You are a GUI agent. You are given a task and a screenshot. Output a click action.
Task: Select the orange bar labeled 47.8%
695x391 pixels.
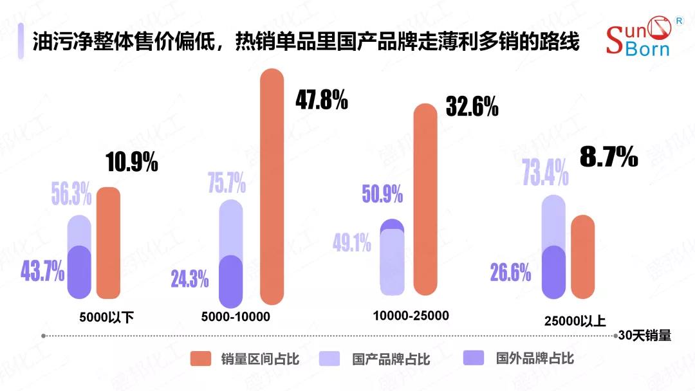pos(272,186)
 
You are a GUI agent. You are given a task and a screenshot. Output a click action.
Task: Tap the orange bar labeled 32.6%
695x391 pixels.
pos(425,199)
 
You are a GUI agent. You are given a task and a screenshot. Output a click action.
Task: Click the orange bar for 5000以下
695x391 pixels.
pos(108,243)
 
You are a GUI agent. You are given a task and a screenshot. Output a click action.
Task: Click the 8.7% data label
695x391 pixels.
pos(609,156)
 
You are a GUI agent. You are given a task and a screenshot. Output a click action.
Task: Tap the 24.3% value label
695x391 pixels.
pos(189,279)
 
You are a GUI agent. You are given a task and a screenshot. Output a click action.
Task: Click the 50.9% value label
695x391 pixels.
pos(382,193)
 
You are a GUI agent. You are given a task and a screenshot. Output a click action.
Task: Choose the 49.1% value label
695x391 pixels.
pos(352,242)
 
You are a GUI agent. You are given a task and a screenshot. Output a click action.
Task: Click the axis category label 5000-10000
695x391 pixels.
pos(236,316)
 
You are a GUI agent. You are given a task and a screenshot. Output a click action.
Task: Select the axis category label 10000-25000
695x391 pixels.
pos(411,315)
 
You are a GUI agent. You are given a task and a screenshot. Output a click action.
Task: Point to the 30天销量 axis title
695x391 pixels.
pos(645,335)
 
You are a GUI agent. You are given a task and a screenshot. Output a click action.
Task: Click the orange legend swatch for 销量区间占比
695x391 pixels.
pos(201,358)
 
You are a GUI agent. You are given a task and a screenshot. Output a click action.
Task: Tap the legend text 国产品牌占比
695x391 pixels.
pos(391,359)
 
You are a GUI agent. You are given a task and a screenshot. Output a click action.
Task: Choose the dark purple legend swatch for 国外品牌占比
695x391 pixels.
pos(474,358)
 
